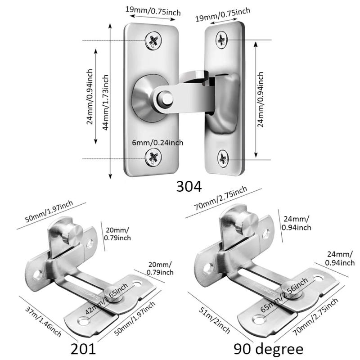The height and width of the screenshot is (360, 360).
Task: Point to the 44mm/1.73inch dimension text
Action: [107, 102]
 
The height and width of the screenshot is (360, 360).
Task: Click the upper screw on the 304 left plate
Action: [153, 41]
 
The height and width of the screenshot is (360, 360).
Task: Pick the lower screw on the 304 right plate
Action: [224, 157]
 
